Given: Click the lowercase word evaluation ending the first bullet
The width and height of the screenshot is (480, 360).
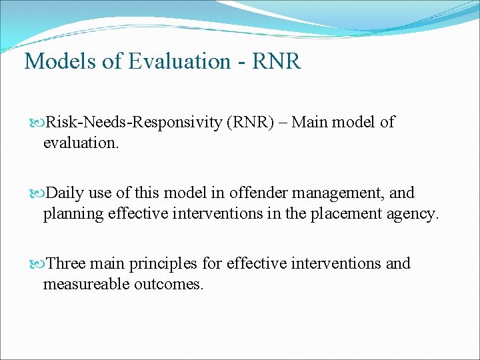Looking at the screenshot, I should (81, 142).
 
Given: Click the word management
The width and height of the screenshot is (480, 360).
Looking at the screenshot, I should (339, 193).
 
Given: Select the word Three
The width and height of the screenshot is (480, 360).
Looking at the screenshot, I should (65, 263).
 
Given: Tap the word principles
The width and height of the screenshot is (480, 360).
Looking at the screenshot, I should (164, 263).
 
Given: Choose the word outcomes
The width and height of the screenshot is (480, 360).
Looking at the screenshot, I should (166, 283).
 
